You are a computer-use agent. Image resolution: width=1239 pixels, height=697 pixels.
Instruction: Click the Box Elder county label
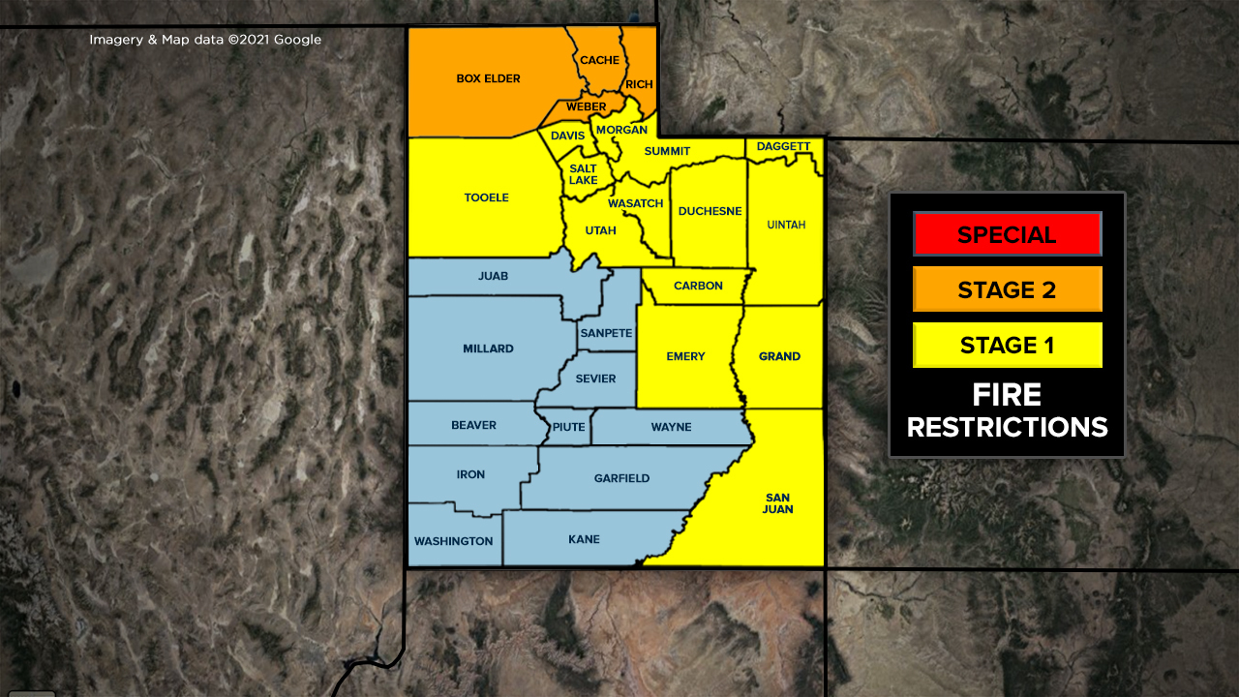coord(488,78)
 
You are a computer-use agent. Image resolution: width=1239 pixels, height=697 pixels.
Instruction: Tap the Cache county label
coord(599,60)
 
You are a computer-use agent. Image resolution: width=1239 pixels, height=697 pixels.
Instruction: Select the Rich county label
coord(639,85)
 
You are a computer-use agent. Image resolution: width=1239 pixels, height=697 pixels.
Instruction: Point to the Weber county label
coord(587,106)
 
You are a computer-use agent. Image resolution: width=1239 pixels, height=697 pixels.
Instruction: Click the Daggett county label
coord(783,147)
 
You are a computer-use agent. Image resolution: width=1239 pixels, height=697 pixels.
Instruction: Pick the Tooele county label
coord(486,197)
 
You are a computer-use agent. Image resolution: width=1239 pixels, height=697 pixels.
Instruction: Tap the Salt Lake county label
coord(583,174)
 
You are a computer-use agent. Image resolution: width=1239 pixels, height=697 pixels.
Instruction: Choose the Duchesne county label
coord(710,211)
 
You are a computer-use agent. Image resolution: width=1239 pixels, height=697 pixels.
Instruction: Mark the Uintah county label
coord(786,225)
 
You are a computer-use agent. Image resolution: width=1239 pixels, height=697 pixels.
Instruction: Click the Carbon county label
coord(698,286)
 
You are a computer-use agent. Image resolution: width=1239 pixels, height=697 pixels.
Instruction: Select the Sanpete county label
coord(606,333)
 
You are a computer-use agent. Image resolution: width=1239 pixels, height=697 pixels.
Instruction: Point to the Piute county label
coord(568,427)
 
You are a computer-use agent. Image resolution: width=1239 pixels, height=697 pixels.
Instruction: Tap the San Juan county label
coord(777,503)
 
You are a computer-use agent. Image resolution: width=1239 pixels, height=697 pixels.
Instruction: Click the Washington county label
coord(453,541)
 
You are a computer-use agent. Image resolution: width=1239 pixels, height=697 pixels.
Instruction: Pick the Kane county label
coord(584,539)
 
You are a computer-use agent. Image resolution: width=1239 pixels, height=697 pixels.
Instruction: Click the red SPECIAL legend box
coord(1007,234)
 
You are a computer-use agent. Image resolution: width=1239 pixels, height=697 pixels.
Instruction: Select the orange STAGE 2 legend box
coord(1007,289)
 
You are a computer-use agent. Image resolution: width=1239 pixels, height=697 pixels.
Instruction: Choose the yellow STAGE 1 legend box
coord(1007,345)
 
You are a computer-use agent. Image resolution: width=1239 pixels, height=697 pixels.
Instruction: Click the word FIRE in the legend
coord(1007,395)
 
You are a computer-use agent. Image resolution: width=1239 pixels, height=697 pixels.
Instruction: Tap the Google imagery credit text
coord(205,40)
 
